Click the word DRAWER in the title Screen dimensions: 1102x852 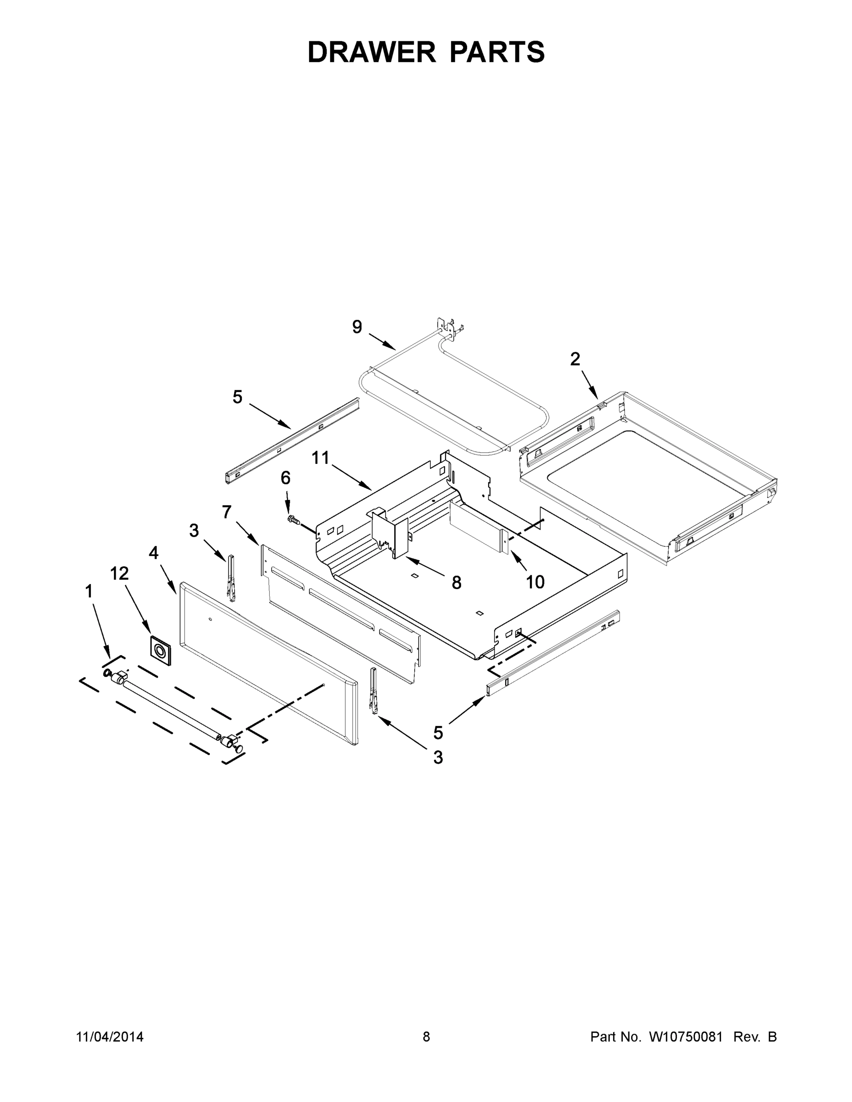(x=371, y=52)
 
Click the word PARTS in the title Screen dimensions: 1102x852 (x=497, y=52)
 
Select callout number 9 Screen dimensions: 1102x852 (x=357, y=327)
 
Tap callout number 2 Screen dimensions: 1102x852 (x=575, y=359)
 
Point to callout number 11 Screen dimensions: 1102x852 (x=320, y=458)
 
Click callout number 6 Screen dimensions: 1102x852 (x=286, y=478)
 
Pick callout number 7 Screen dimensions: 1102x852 (x=226, y=512)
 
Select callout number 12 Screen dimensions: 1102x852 (x=119, y=573)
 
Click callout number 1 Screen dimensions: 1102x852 (x=89, y=591)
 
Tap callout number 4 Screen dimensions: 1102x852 (x=153, y=553)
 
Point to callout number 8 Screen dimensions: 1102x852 (x=456, y=583)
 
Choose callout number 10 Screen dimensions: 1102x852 (x=535, y=582)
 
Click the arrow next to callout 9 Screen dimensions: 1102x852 (x=382, y=342)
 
